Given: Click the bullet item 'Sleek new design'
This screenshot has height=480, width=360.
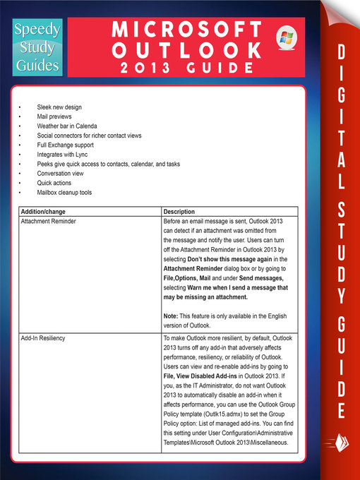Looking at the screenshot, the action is (59, 107).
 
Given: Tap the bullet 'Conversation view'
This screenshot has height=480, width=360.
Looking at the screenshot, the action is (61, 173).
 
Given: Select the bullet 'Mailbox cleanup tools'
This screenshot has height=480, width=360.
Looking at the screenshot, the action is (65, 192).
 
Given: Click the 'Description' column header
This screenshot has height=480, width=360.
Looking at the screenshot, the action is (179, 212).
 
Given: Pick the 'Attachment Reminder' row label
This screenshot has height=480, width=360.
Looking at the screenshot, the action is (49, 222).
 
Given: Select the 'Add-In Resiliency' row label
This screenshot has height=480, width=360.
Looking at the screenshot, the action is (43, 338).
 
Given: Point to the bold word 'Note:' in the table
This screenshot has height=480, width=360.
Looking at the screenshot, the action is (172, 316).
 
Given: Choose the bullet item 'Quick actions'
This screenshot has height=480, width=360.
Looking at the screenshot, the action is (55, 182).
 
